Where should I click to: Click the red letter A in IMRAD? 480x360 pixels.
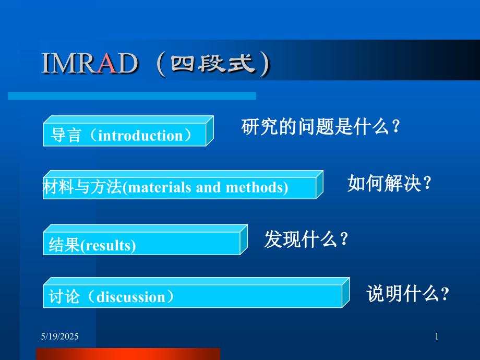tap(107, 63)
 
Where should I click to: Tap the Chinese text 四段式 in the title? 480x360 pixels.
tap(213, 64)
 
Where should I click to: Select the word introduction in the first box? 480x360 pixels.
tap(140, 135)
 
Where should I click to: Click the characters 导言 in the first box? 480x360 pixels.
tap(66, 135)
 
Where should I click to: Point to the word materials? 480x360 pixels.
tap(159, 187)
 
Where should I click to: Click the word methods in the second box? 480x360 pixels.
tap(255, 187)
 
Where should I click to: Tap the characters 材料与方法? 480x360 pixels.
tap(82, 187)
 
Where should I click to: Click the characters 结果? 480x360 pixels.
tap(64, 245)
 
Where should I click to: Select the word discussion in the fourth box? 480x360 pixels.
tap(131, 297)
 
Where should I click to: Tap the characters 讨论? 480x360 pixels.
tap(64, 296)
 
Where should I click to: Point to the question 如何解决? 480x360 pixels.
tap(389, 183)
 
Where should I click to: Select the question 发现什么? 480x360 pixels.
tap(306, 239)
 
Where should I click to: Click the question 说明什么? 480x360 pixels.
tap(407, 294)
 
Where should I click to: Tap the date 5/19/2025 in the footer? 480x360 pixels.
tap(59, 337)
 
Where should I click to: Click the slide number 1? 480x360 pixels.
tap(437, 337)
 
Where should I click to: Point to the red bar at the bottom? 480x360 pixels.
tap(128, 354)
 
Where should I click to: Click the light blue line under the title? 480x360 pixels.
tap(132, 96)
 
